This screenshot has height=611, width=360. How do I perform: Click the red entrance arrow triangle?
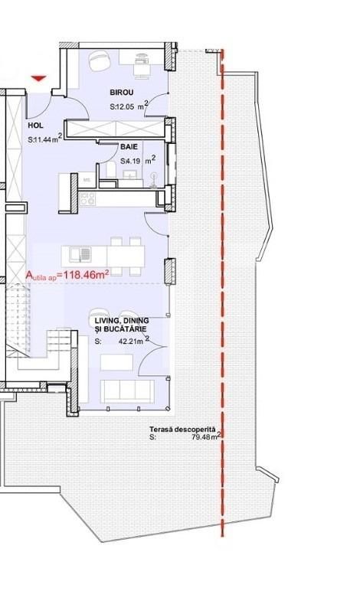(x=39, y=79)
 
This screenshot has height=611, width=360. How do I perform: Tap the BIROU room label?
(x=122, y=93)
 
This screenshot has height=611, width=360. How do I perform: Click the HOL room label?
(x=35, y=126)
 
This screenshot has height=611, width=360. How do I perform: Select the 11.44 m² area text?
(x=44, y=139)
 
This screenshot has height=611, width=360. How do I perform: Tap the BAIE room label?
(x=129, y=147)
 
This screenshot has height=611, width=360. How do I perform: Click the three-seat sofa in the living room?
(x=127, y=390)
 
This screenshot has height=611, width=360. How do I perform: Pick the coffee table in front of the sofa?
(x=117, y=362)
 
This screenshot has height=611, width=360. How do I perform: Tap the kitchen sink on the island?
(x=80, y=255)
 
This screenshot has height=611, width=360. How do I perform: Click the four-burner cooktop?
(x=87, y=199)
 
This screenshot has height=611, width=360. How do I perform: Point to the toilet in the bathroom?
(x=110, y=170)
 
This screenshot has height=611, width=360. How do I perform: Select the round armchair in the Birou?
(x=99, y=60)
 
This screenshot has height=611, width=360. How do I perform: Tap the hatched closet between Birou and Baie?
(x=115, y=129)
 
